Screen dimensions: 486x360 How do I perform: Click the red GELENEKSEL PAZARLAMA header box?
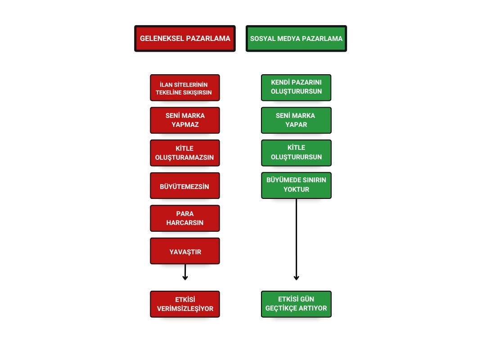(x=185, y=38)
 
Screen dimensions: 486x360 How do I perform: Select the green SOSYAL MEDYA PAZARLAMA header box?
(x=296, y=38)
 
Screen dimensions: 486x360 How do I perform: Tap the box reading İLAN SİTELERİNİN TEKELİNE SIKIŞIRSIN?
(x=185, y=88)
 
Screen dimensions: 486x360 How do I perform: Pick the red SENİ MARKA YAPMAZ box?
(x=185, y=120)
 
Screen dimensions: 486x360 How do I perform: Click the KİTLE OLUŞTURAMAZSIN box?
(x=185, y=153)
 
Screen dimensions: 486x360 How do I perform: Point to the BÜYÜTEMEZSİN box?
(x=185, y=186)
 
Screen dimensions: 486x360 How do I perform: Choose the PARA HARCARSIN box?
(x=185, y=218)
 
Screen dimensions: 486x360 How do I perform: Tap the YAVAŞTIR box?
(x=185, y=251)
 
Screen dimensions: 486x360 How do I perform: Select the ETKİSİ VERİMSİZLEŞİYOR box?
(x=185, y=304)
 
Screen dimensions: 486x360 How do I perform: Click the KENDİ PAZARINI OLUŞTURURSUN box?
(x=296, y=88)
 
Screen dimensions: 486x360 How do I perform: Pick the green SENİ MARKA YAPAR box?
(x=296, y=120)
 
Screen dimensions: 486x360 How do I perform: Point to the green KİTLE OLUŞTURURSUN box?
(x=296, y=153)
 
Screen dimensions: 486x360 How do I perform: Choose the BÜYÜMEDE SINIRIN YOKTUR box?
(x=296, y=185)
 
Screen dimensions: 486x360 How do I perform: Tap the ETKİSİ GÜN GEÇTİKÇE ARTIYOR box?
(x=296, y=304)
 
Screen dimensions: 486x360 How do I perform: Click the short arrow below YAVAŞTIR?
(x=185, y=272)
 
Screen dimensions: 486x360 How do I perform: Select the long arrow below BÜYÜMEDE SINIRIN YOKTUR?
(x=296, y=239)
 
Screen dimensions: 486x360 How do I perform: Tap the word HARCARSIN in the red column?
(x=185, y=223)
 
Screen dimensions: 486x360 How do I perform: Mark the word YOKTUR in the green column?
(x=296, y=189)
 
